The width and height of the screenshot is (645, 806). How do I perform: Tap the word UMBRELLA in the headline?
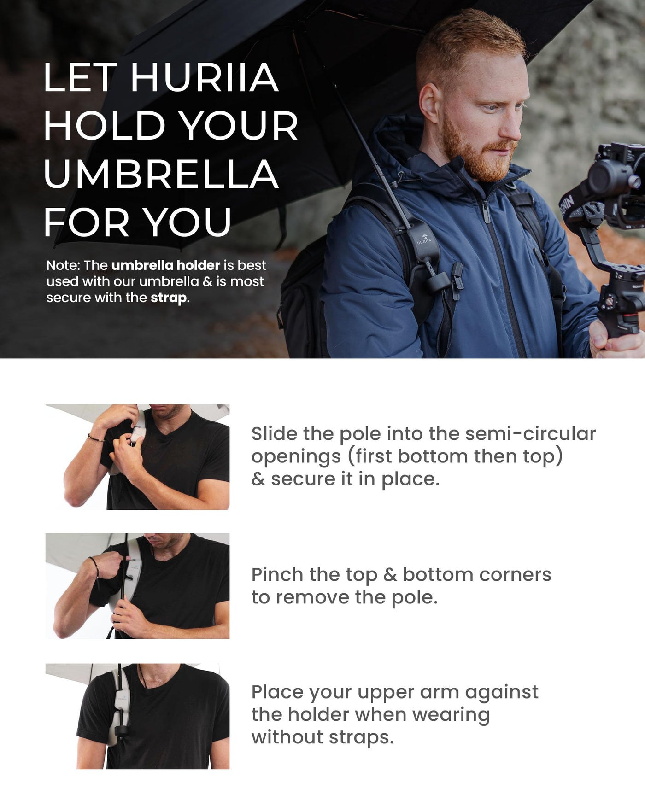(161, 174)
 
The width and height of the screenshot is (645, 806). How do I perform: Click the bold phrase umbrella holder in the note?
(166, 265)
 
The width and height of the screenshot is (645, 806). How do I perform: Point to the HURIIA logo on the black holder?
(424, 239)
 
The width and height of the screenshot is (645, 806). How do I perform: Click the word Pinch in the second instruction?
(277, 574)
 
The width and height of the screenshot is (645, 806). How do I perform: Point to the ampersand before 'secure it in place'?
(258, 479)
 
